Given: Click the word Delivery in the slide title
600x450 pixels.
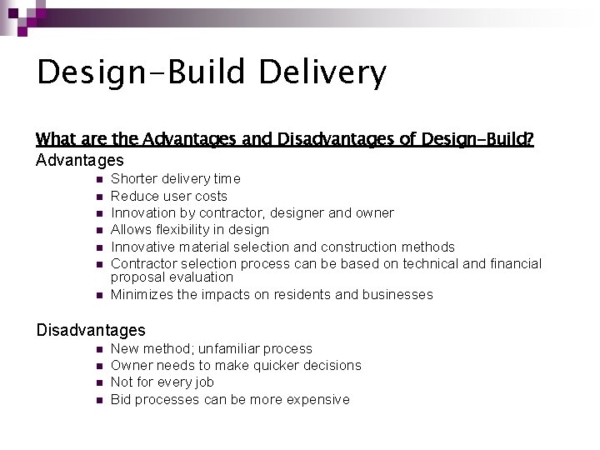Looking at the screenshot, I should click(x=322, y=72).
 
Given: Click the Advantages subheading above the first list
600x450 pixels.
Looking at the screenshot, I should click(x=80, y=160).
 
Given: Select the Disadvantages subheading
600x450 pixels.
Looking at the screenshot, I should click(x=91, y=330).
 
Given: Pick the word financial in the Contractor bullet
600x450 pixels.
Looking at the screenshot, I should click(x=515, y=263).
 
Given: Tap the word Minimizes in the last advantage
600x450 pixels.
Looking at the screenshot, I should click(x=142, y=294).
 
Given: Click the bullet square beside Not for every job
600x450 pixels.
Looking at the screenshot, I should click(x=97, y=383).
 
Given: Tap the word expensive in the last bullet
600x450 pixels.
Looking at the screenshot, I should click(x=317, y=399).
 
